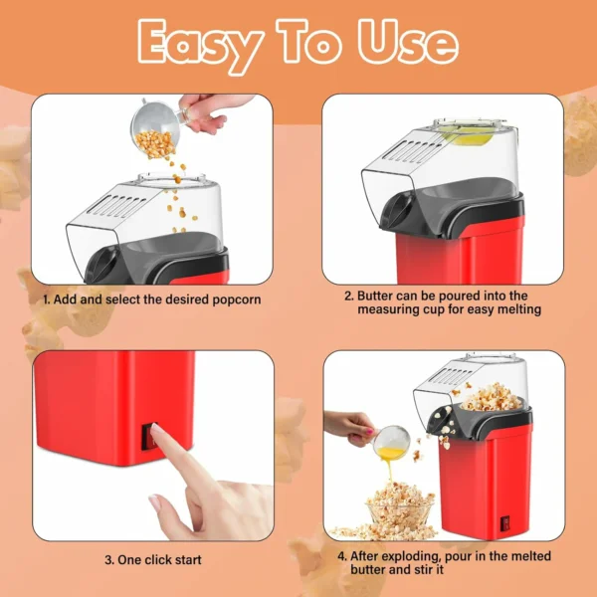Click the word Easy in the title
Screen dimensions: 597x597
(x=201, y=45)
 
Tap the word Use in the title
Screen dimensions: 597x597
(x=408, y=41)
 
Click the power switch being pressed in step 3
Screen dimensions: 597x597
(x=149, y=437)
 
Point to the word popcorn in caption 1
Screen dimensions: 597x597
(x=237, y=300)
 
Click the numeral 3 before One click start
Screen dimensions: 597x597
(x=108, y=560)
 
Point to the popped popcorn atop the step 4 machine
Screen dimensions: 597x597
(x=492, y=397)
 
